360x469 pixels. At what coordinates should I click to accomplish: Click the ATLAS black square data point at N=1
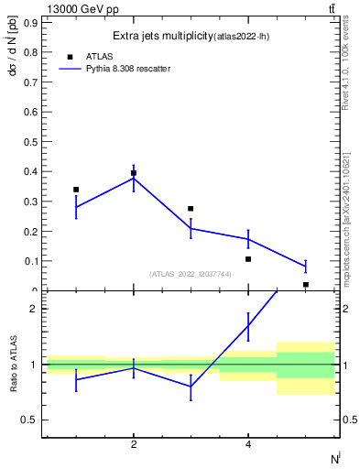(76, 190)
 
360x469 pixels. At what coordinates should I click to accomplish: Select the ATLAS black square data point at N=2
(134, 173)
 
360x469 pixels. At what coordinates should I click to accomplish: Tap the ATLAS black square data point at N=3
(191, 209)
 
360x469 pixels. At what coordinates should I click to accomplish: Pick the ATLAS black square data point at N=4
(248, 259)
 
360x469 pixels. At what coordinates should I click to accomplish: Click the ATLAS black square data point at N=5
(305, 285)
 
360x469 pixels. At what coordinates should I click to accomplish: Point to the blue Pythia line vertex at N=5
(305, 267)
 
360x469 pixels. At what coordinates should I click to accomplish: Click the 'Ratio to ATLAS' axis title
(14, 365)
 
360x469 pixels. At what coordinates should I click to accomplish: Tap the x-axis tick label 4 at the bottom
(248, 445)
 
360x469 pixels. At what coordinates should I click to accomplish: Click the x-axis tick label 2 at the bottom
(134, 445)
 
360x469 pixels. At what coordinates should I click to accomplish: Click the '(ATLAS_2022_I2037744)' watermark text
(190, 273)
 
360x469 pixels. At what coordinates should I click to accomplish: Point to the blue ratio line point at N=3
(191, 387)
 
